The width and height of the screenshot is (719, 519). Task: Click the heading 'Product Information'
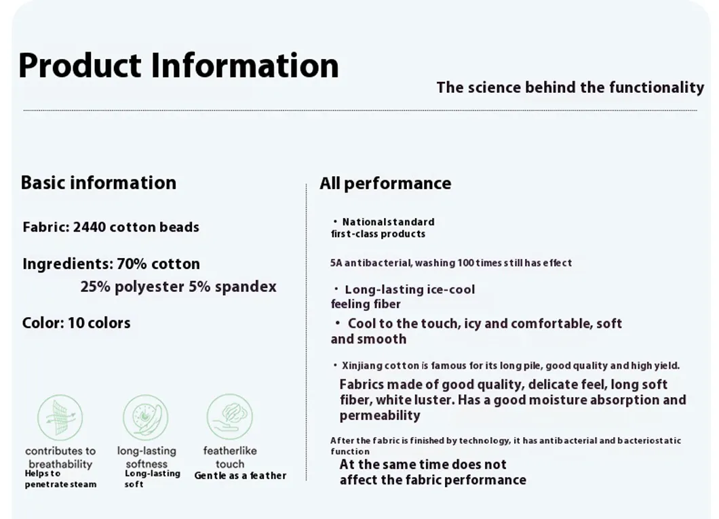178,66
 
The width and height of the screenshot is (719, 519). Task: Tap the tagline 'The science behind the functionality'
570,87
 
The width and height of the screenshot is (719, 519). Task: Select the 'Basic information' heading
98,183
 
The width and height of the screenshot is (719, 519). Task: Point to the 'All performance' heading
385,184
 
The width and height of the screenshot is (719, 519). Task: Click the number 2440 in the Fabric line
90,227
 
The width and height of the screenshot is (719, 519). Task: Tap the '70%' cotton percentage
132,264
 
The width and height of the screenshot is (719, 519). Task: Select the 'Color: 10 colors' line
76,323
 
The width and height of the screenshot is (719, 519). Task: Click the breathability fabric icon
60,418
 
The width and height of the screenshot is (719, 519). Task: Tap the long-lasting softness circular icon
145,418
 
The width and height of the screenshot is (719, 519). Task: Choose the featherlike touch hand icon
229,417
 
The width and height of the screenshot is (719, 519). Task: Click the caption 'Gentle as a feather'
240,476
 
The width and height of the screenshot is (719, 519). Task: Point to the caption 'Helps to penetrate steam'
60,479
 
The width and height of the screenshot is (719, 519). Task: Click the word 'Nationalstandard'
389,222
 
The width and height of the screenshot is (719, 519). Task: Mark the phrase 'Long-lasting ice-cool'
410,289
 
